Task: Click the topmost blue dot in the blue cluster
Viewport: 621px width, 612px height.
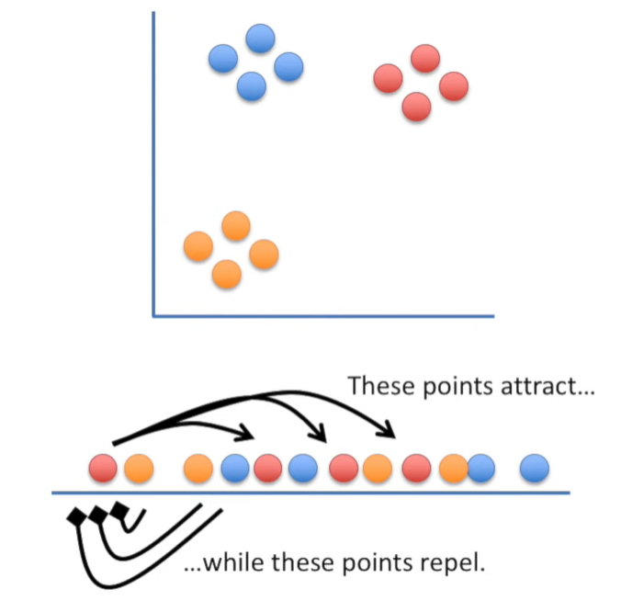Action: [x=261, y=39]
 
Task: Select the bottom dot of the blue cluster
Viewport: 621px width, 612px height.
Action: [x=251, y=86]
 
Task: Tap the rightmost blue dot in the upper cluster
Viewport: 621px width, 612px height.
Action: [x=288, y=66]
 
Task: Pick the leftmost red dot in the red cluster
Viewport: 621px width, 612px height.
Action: [x=388, y=78]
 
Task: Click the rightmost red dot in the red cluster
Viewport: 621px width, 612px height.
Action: [x=454, y=86]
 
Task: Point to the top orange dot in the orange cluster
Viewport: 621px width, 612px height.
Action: [x=236, y=225]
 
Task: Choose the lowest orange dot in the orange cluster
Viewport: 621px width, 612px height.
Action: [x=226, y=273]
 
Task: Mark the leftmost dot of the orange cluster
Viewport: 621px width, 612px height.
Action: [x=198, y=246]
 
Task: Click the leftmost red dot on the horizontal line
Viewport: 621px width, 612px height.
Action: [x=103, y=469]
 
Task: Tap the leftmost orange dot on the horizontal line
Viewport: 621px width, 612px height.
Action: [x=139, y=469]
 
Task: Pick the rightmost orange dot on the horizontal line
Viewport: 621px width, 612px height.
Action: [x=453, y=469]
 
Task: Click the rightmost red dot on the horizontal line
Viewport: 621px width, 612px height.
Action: [x=416, y=469]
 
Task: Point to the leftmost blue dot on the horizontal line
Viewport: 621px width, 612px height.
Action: [x=234, y=469]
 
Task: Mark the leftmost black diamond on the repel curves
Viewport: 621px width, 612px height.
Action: [x=76, y=519]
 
